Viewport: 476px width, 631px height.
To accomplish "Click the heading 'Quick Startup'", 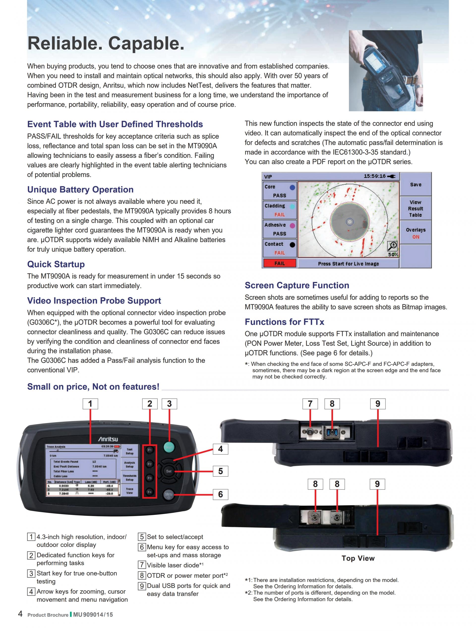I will [56, 264].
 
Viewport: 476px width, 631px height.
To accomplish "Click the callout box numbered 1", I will [90, 404].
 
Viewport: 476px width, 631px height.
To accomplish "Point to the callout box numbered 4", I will [220, 449].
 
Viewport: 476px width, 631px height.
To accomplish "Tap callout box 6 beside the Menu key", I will [220, 494].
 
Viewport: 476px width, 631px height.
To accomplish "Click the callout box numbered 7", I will [310, 404].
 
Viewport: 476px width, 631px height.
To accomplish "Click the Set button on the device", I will [169, 471].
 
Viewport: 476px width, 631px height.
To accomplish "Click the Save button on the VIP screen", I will [416, 185].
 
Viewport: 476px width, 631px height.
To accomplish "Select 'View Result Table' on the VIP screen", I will [416, 209].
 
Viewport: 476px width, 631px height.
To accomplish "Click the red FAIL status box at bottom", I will [279, 263].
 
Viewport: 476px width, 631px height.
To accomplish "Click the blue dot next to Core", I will [292, 187].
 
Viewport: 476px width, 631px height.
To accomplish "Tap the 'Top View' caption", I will [358, 558].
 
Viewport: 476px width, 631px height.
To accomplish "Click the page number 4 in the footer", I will [20, 614].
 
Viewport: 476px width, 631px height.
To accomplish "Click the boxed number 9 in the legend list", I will [142, 586].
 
